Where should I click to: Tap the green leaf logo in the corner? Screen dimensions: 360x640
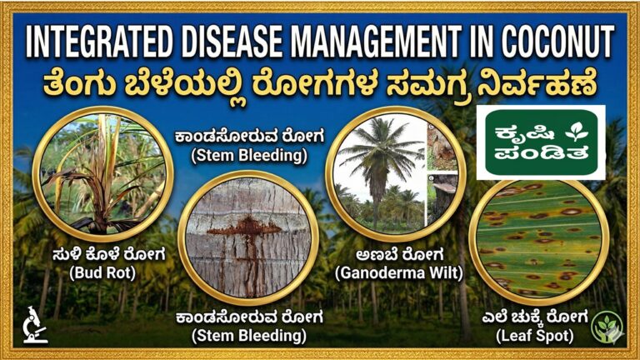tap(607, 326)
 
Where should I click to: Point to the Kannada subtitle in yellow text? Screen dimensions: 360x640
tap(320, 83)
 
